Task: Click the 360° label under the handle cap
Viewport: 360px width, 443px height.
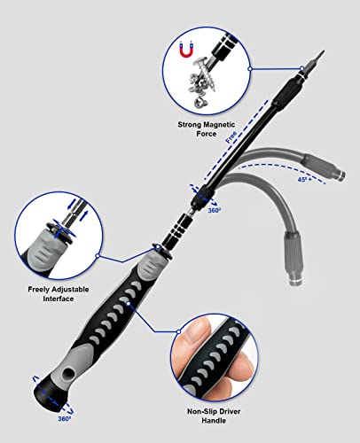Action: (64, 417)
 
